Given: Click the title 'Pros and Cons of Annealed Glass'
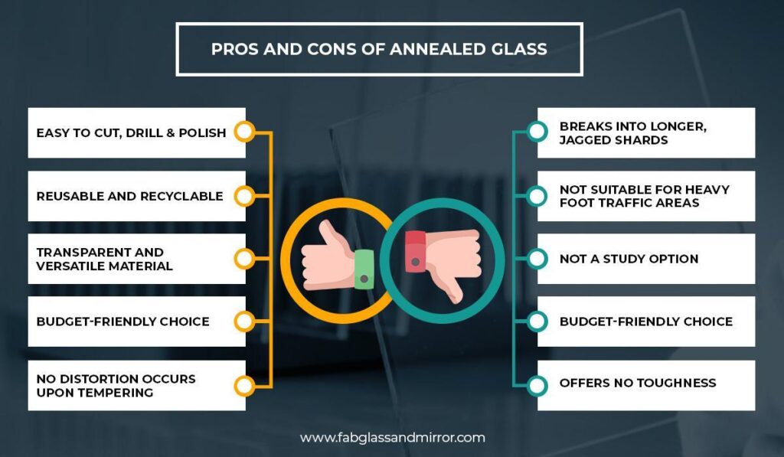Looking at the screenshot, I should (x=379, y=49).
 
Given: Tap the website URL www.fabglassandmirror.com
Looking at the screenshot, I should (x=392, y=438).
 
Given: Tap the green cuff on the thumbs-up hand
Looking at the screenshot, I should (x=363, y=269).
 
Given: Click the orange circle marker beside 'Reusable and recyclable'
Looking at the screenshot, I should (x=243, y=196).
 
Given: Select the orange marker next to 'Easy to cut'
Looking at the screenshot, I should (x=243, y=132).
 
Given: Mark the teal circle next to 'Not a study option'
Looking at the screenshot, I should (x=537, y=259).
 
